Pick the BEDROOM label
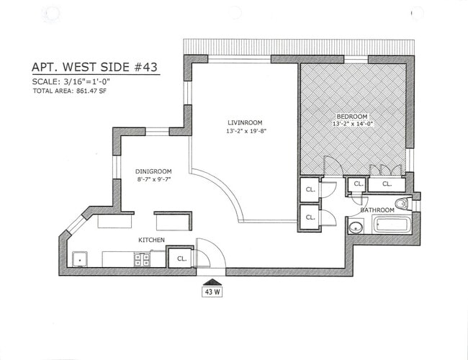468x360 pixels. point(352,117)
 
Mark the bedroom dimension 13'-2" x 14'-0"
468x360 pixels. point(352,125)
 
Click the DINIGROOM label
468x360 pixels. point(153,171)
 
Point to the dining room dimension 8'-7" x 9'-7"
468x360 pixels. point(153,180)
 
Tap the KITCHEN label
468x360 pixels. point(152,239)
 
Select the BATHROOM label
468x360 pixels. point(377,210)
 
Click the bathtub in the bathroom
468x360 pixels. point(392,225)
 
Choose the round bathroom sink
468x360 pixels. point(355,228)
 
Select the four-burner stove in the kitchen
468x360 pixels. point(141,259)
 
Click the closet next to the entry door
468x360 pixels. point(180,257)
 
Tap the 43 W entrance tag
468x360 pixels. point(213,292)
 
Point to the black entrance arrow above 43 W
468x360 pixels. point(213,282)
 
